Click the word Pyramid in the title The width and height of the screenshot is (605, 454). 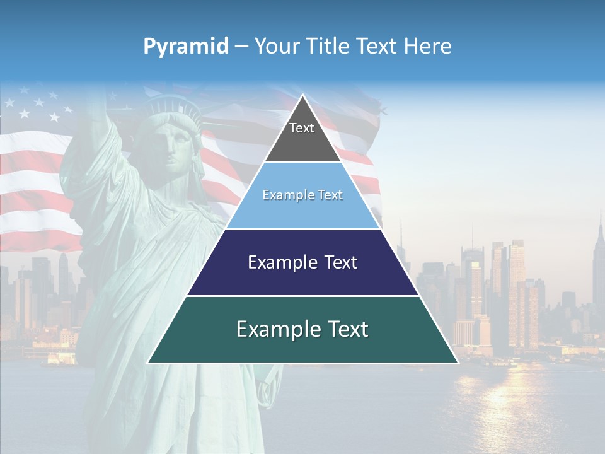(185, 47)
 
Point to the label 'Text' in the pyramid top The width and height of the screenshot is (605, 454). (302, 128)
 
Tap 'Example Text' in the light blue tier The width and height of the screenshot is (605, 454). (302, 195)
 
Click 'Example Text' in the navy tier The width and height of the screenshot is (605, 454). (302, 262)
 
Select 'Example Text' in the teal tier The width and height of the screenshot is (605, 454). (302, 329)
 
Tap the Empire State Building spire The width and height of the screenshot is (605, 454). (600, 221)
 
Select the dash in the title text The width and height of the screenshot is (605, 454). (241, 47)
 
